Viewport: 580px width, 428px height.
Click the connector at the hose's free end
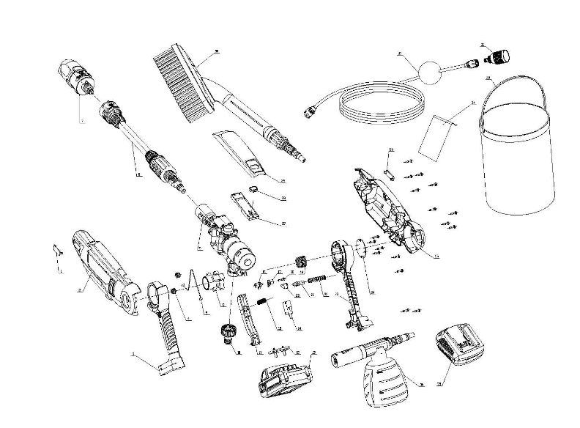coord(311,113)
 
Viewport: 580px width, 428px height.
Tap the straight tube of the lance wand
coord(135,136)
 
